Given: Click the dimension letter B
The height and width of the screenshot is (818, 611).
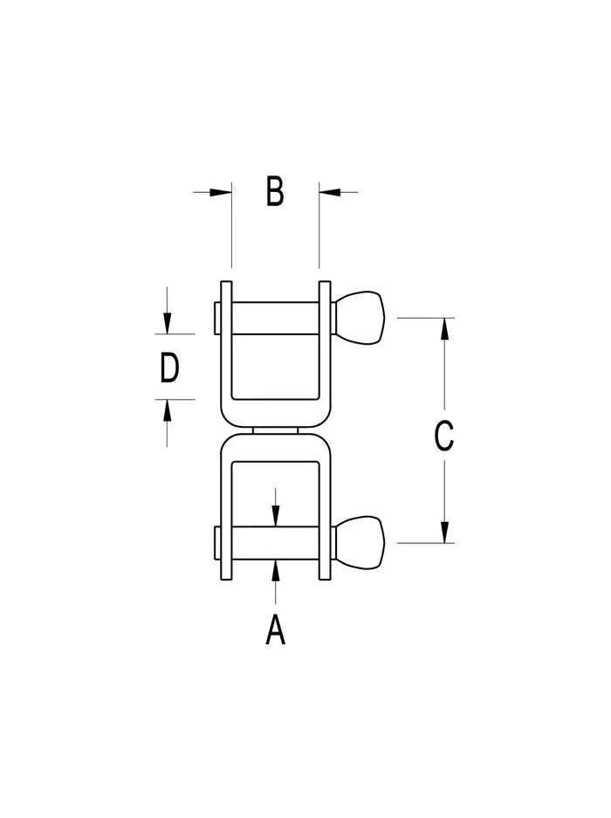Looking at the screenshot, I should click(x=275, y=191).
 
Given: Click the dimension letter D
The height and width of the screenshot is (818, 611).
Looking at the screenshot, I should click(x=169, y=368).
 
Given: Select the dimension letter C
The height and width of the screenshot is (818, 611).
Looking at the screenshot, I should click(x=444, y=436).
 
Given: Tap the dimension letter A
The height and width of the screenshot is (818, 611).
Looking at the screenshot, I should click(x=276, y=629).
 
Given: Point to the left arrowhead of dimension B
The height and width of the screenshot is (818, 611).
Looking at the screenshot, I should click(x=223, y=191).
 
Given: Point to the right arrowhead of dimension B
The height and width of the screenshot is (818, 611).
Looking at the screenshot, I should click(x=328, y=191).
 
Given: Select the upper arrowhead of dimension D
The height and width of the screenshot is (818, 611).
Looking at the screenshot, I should click(x=168, y=324).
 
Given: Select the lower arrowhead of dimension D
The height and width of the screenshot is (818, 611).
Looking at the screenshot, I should click(x=168, y=409).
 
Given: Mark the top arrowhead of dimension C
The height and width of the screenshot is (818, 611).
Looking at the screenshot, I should click(x=445, y=328).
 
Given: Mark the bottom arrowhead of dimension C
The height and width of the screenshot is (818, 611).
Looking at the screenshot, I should click(x=445, y=532).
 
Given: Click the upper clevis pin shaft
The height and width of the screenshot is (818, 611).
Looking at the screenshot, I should click(x=275, y=318).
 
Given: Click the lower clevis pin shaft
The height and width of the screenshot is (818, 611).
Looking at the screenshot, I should click(x=275, y=542).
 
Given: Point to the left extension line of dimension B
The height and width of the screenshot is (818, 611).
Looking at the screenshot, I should click(x=231, y=227).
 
